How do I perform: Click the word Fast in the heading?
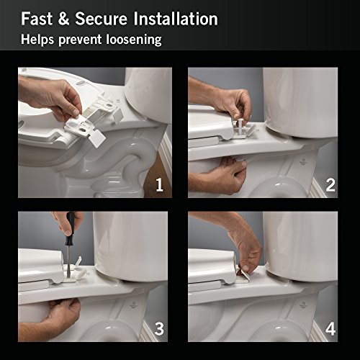(x=37, y=19)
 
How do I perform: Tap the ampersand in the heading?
(x=63, y=19)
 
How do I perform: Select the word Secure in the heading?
(x=101, y=19)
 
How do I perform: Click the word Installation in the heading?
(x=176, y=19)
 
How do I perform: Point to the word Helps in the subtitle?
(x=37, y=40)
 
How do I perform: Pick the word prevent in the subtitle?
(x=80, y=40)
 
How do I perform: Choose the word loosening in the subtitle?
(x=134, y=40)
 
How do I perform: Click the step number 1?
(x=159, y=185)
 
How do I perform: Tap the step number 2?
(x=330, y=185)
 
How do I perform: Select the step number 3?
(x=159, y=329)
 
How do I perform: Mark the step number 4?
(x=330, y=329)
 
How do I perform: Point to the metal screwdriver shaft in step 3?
(x=69, y=260)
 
